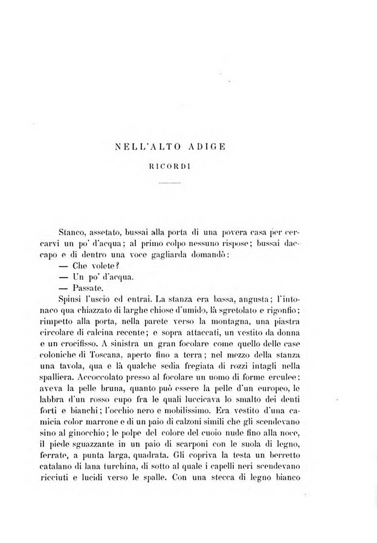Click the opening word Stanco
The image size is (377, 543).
[75, 230]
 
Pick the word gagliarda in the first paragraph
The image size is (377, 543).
[176, 255]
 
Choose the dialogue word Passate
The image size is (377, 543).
[89, 290]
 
